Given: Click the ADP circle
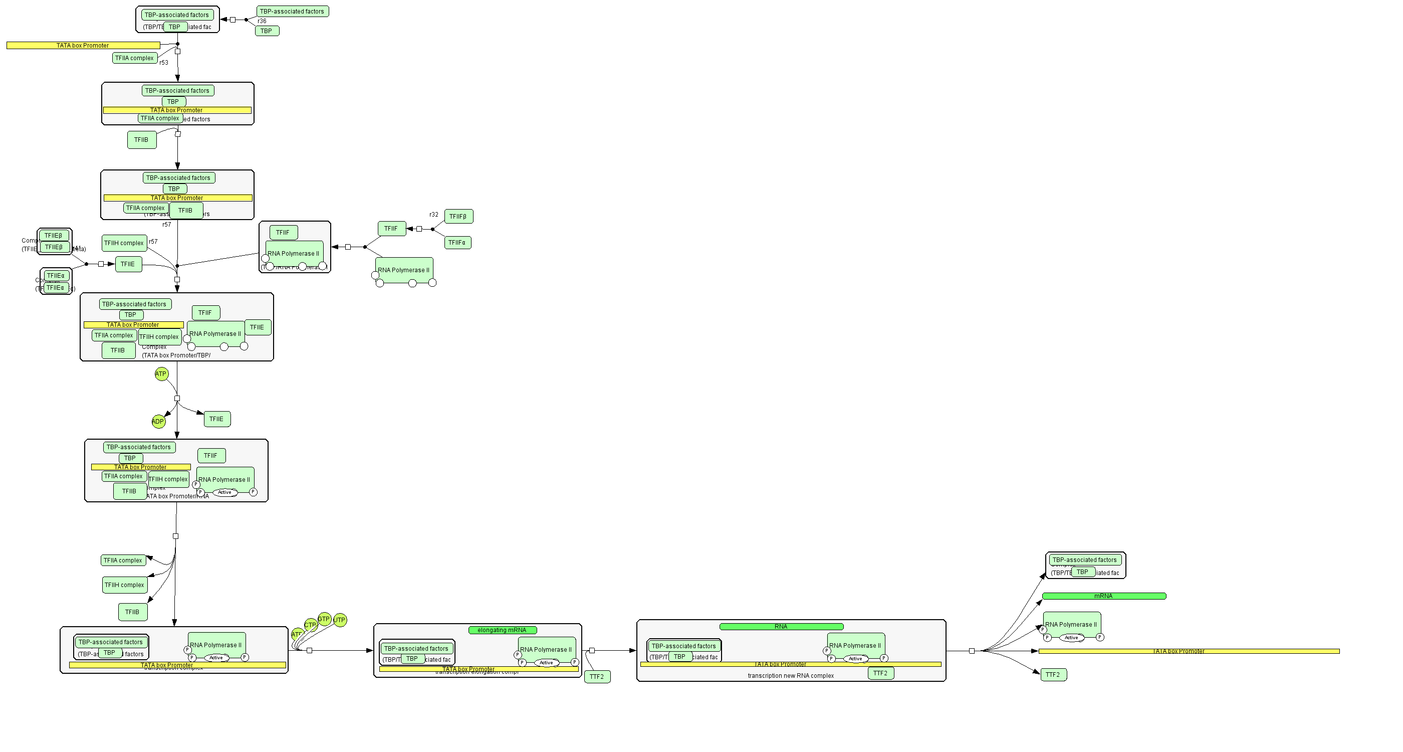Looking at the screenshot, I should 158,421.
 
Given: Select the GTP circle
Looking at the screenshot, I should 324,619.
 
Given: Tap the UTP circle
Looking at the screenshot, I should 340,620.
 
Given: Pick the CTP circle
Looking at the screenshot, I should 311,625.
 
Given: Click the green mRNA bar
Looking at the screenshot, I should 1103,596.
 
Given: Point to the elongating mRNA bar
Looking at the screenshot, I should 502,630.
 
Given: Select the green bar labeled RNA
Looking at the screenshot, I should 781,627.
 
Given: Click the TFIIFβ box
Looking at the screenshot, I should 458,217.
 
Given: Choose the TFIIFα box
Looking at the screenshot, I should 457,243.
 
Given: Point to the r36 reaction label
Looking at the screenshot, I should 262,21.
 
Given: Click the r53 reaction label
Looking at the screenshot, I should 164,63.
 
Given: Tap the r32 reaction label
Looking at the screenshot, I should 433,215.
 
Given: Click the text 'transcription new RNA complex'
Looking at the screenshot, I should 790,676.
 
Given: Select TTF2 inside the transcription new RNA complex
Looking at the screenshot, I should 880,673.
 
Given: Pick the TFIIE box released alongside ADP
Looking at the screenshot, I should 217,419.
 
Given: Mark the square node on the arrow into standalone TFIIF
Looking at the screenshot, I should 419,229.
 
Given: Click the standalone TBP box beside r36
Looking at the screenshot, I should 267,31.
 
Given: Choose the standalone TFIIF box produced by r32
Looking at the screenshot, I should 391,229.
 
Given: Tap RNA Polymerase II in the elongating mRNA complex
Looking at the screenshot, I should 546,649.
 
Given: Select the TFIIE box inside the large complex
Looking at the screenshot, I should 257,327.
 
